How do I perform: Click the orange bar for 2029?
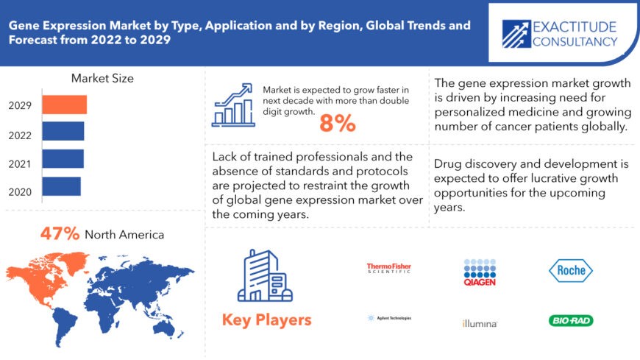tap(64, 105)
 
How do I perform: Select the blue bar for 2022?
tap(63, 131)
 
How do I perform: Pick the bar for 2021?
tap(63, 158)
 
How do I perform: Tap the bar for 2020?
tap(61, 186)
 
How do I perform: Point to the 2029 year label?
tap(20, 105)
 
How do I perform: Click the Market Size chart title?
tap(102, 78)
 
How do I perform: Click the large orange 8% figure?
tap(338, 124)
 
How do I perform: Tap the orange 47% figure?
tap(60, 234)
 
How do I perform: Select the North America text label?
tap(124, 235)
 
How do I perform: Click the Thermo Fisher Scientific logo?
tap(389, 269)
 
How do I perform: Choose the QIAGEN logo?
tap(480, 272)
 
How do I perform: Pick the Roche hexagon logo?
tap(571, 270)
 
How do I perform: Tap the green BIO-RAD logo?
tap(571, 320)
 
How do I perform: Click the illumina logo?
tap(480, 323)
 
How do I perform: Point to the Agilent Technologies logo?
tap(389, 318)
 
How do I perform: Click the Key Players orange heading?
tap(266, 320)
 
